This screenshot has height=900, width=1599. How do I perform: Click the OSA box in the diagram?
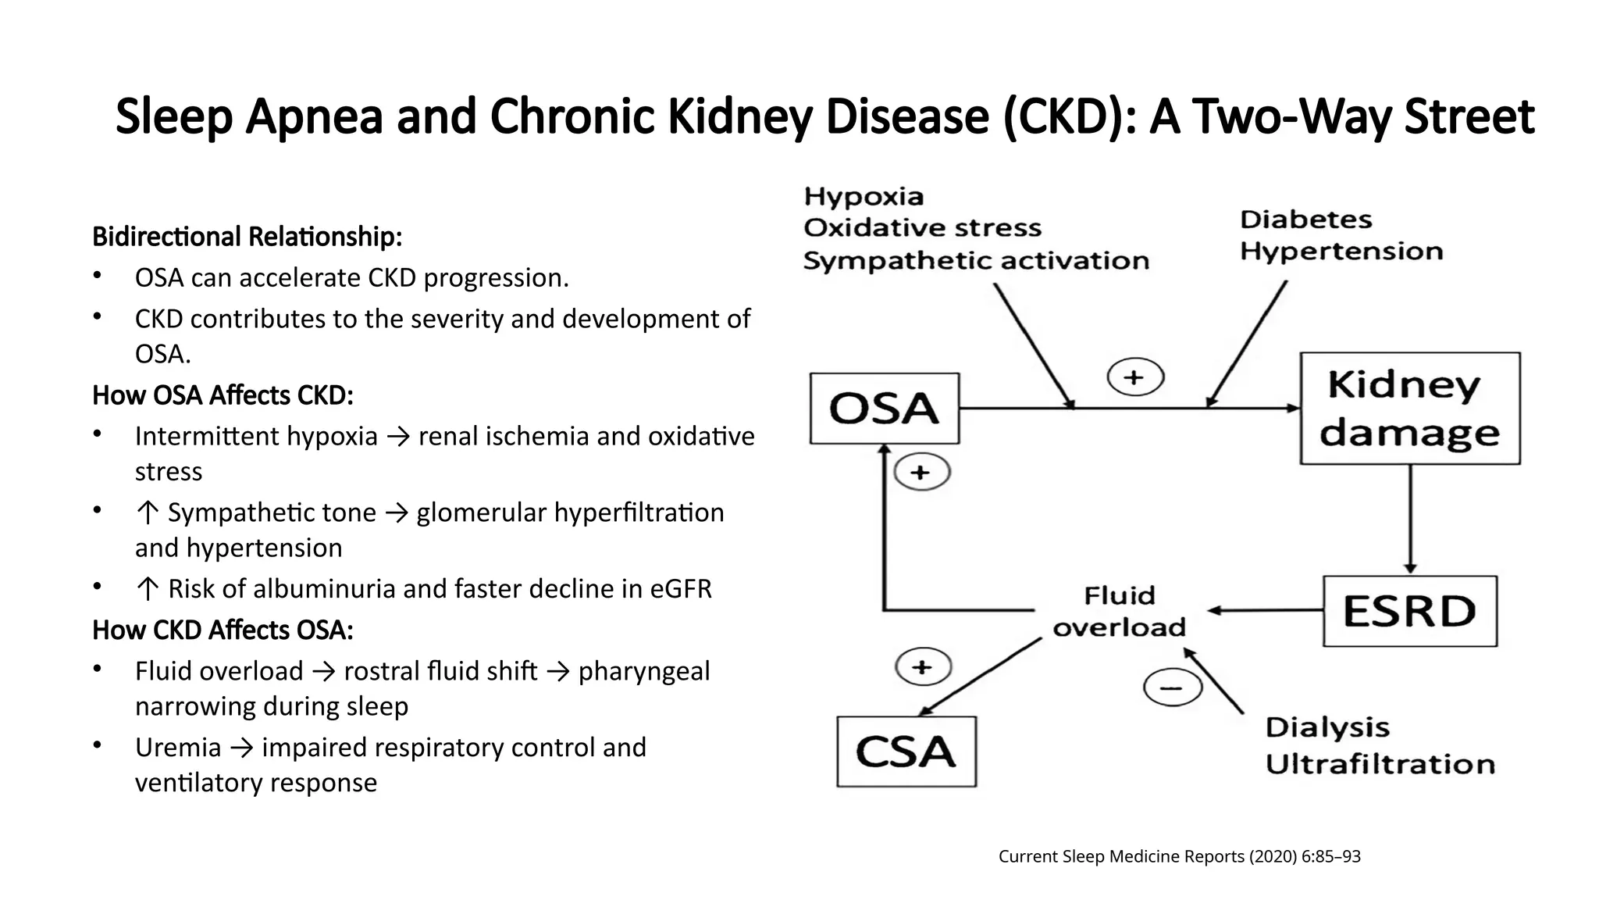tap(884, 409)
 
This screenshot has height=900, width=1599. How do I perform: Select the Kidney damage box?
tap(1409, 409)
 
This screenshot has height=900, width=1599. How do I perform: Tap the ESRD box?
tap(1409, 611)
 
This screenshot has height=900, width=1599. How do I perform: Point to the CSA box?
tap(906, 752)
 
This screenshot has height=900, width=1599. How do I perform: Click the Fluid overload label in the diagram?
tap(1119, 612)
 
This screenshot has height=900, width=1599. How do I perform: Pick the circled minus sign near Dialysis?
tap(1171, 688)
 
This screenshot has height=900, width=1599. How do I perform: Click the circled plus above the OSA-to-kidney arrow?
tap(1134, 378)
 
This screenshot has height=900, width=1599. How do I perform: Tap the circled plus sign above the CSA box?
tap(922, 667)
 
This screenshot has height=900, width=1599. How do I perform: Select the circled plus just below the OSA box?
tap(921, 473)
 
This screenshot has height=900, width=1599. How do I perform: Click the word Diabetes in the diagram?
tap(1305, 220)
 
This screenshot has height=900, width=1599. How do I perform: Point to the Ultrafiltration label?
tap(1380, 764)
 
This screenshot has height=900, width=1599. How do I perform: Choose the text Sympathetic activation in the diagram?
tap(976, 261)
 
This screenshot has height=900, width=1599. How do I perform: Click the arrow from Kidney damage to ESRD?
tap(1409, 520)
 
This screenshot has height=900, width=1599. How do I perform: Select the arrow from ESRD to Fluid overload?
tap(1265, 610)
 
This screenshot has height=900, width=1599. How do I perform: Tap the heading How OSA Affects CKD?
tap(223, 395)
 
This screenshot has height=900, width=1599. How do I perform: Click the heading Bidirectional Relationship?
tap(247, 236)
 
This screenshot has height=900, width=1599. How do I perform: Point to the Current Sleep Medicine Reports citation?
tap(1179, 856)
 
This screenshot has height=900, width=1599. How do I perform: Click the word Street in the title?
tap(1469, 116)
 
